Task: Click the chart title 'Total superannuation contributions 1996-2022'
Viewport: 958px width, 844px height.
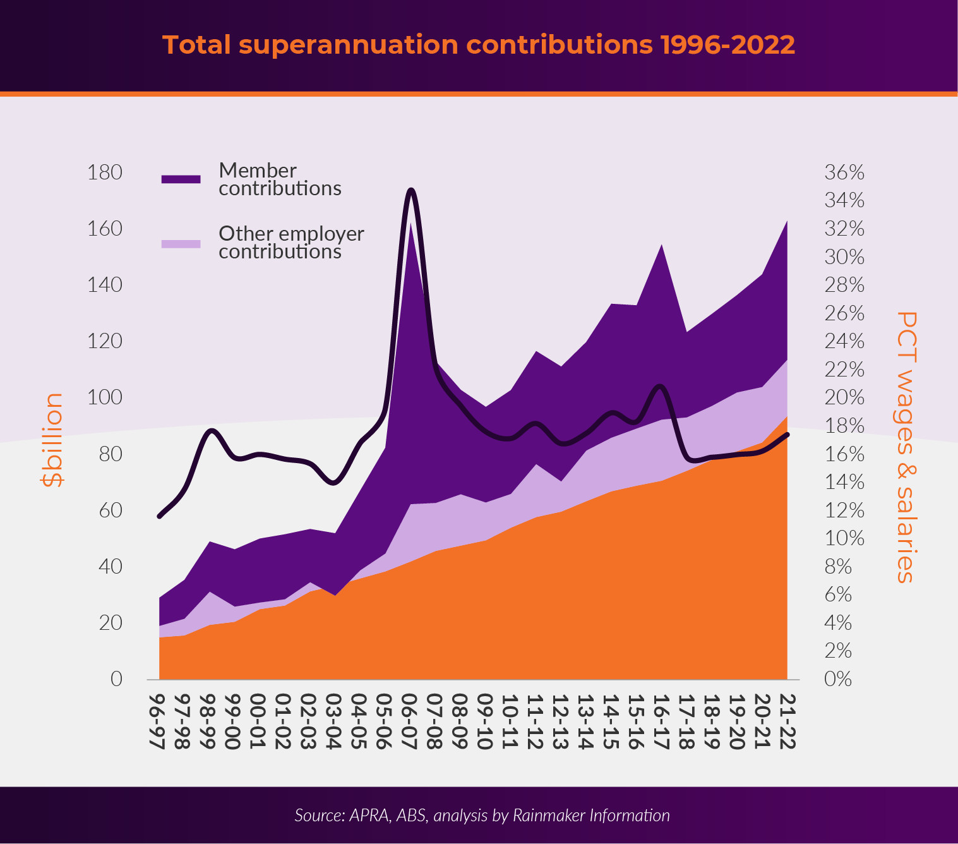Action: point(478,45)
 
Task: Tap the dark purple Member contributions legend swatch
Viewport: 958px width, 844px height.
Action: point(181,179)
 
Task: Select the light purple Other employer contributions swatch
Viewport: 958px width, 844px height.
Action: point(181,243)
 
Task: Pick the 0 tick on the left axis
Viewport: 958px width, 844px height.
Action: point(116,679)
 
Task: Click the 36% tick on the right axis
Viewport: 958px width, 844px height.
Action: point(844,172)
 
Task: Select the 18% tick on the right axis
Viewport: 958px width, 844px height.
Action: point(844,426)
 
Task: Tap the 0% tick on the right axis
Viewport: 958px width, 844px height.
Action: point(838,679)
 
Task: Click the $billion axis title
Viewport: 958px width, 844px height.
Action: point(52,440)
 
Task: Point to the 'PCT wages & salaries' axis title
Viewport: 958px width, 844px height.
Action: point(906,447)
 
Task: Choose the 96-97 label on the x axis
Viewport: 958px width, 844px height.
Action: point(158,721)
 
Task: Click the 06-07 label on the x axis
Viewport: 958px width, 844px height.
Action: point(410,721)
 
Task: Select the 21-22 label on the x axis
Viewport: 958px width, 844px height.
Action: point(787,721)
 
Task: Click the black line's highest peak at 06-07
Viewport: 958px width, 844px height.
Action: point(410,190)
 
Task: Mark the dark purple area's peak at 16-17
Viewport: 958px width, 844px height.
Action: point(661,244)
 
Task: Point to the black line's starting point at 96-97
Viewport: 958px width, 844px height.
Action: point(159,516)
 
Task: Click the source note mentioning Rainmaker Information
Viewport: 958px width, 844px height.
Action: point(482,816)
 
